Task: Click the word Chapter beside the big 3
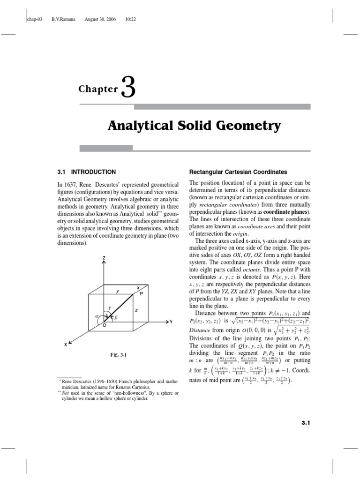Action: (98, 89)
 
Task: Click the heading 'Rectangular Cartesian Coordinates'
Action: (238, 172)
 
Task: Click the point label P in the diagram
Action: (141, 292)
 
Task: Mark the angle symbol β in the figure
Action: (116, 317)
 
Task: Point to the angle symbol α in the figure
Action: (97, 316)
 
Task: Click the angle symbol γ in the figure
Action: (109, 308)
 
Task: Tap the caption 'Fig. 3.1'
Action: (118, 355)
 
